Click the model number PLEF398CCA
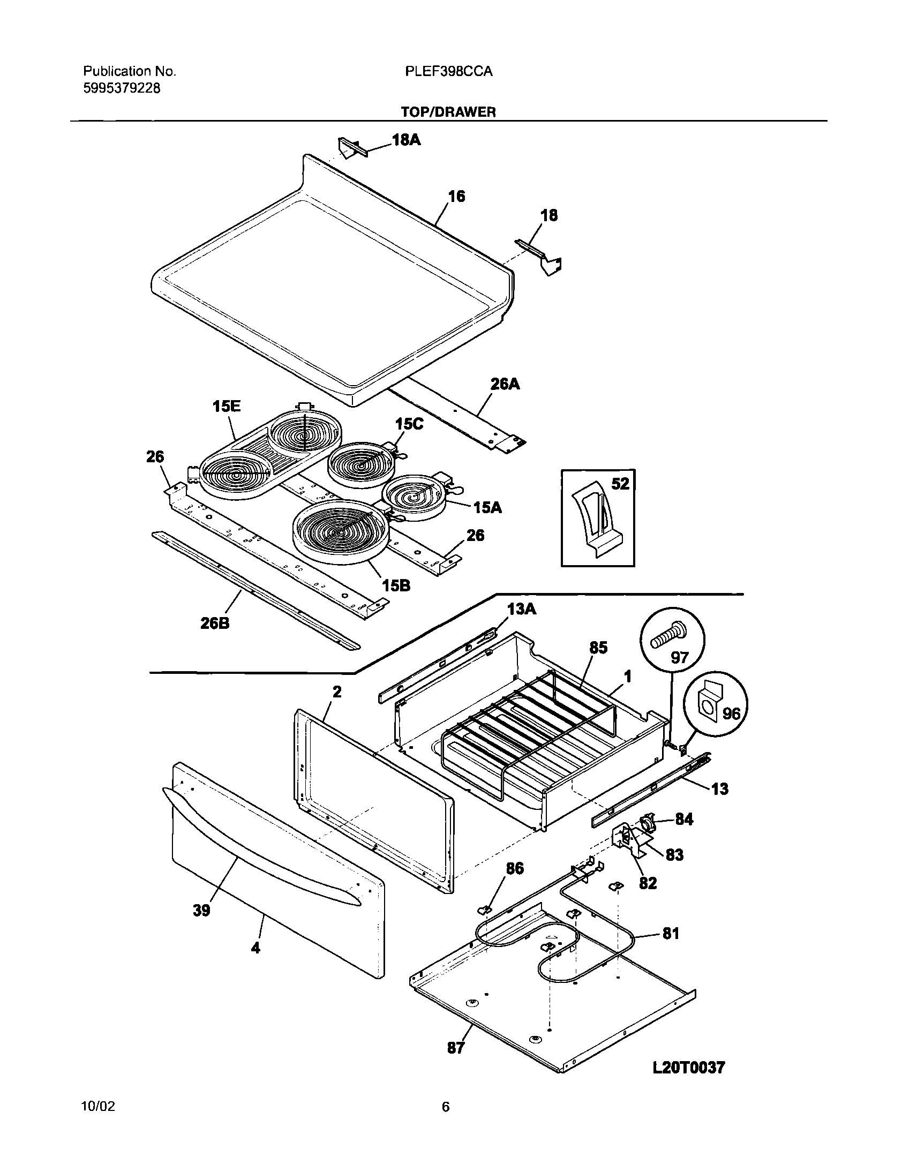tap(448, 71)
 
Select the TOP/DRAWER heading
tap(448, 111)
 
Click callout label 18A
tap(407, 141)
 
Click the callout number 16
tap(456, 197)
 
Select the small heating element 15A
tap(415, 497)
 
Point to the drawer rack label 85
tap(598, 648)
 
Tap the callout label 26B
tap(215, 624)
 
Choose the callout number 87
tap(456, 1047)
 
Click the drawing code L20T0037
tap(688, 1068)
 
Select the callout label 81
tap(671, 934)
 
